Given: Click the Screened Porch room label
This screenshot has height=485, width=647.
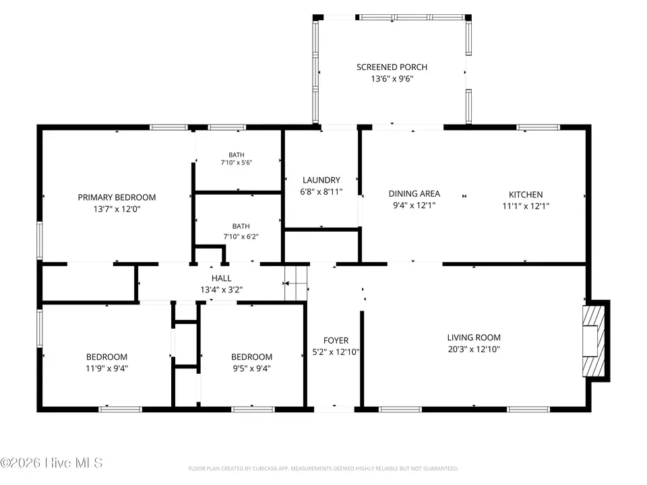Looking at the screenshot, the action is pos(392,67).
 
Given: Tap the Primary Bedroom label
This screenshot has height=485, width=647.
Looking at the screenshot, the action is pos(117,197).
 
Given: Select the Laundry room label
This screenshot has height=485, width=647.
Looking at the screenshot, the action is pos(321,180).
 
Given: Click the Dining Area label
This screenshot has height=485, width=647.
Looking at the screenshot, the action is pos(414,193).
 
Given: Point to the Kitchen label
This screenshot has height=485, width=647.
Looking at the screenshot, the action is pos(526,194).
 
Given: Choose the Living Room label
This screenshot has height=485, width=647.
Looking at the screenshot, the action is pos(474,337).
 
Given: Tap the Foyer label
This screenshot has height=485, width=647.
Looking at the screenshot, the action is pos(336,340).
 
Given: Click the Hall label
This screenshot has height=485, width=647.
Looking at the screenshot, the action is pos(221,278).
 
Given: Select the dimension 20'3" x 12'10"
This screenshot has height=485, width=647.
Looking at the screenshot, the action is pos(474,349).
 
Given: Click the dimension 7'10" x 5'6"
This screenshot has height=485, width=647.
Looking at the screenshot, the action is pos(237,162).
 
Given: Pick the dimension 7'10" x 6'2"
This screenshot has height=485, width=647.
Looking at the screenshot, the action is pos(241,236).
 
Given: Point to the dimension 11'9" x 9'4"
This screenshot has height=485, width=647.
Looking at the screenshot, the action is pos(107,368).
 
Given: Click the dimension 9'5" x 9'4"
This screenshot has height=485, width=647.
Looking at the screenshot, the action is pos(251,368).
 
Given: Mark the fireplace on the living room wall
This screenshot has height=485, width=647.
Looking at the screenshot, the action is pos(594,341).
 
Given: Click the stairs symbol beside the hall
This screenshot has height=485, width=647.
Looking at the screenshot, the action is pos(297,283).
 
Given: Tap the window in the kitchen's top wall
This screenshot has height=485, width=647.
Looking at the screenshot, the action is pos(538,127).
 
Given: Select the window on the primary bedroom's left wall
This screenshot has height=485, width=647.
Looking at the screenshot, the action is pos(40,240).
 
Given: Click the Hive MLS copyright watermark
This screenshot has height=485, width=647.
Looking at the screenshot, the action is pos(51,463).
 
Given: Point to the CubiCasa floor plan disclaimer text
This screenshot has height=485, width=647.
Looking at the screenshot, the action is pos(323,469).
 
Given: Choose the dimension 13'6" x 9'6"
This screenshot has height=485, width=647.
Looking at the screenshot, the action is pos(392,78).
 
